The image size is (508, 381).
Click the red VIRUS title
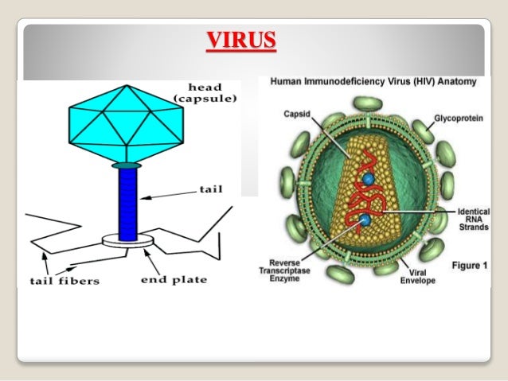241,40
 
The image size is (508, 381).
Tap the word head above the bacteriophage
205,86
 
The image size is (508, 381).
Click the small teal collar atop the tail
127,165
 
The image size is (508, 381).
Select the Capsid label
295,114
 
